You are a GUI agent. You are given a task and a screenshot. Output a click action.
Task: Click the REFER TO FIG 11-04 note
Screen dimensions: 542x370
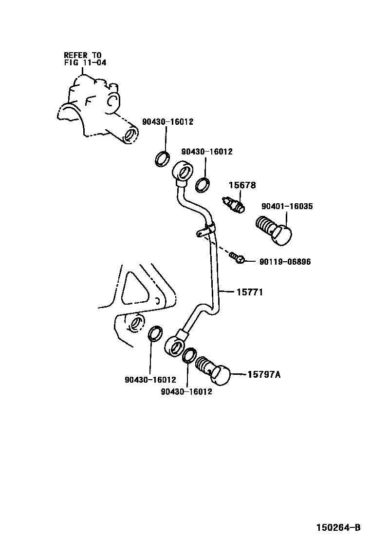point(85,59)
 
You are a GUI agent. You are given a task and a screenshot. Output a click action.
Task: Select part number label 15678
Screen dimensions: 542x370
point(243,186)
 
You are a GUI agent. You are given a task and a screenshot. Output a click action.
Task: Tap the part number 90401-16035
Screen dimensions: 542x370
point(287,207)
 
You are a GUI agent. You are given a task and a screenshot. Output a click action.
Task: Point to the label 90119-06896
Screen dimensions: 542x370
point(285,262)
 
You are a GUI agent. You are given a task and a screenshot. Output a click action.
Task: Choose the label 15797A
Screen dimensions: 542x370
point(264,374)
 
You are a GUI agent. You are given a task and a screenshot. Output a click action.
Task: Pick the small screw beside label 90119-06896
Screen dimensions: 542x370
point(238,257)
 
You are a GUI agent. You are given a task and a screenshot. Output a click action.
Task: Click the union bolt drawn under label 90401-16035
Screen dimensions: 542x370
point(274,231)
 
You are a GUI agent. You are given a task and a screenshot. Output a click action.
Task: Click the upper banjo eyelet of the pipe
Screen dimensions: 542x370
point(183,173)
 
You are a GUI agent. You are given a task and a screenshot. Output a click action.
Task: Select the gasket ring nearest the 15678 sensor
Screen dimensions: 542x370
point(203,185)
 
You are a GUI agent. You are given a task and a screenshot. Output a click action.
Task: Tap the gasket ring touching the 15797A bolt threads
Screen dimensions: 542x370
point(189,355)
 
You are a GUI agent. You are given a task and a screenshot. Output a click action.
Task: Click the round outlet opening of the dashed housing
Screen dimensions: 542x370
point(129,135)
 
